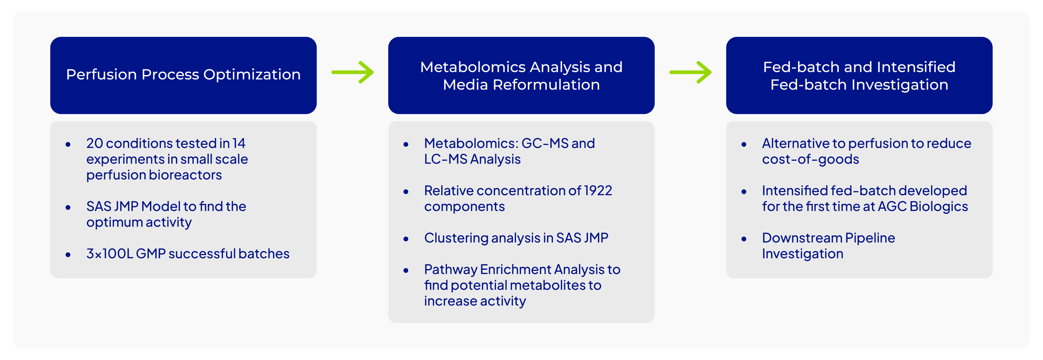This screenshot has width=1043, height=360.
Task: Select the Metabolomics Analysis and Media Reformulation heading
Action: click(521, 76)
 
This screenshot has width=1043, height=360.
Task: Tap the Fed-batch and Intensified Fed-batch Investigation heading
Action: click(859, 76)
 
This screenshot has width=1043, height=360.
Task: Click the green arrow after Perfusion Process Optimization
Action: click(353, 72)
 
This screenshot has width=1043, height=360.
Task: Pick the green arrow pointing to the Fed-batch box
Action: click(690, 72)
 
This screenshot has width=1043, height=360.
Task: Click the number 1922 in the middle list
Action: click(598, 191)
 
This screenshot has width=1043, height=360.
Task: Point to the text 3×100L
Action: click(109, 254)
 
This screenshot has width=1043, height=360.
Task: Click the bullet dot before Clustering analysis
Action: click(406, 239)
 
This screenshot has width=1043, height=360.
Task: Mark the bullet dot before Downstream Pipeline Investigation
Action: click(744, 239)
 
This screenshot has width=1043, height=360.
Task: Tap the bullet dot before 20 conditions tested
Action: click(68, 144)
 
